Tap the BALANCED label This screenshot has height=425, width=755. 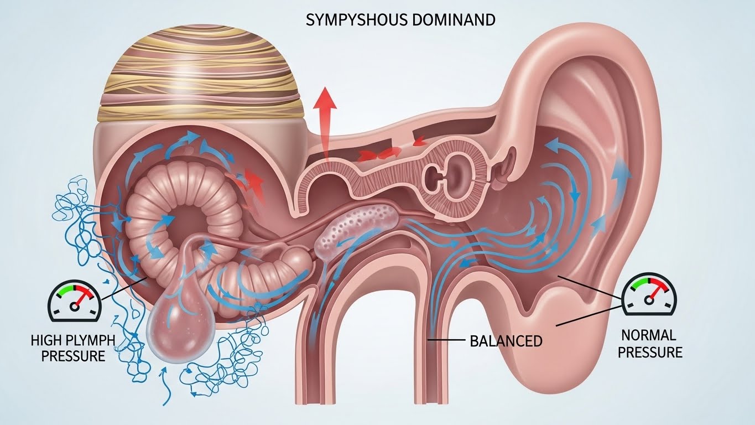(x=506, y=340)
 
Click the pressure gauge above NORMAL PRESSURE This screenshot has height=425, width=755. (x=649, y=297)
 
